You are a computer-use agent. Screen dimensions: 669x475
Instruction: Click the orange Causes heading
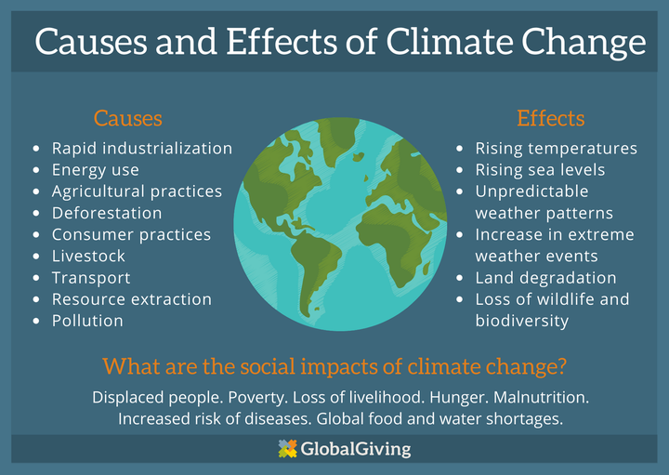click(128, 118)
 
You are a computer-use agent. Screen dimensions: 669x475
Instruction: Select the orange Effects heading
click(550, 118)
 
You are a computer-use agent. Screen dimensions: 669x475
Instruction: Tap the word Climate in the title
click(450, 42)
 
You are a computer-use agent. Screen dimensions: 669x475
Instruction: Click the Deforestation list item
click(107, 213)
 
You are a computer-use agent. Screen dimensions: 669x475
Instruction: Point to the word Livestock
click(88, 256)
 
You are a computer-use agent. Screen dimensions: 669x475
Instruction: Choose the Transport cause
click(91, 278)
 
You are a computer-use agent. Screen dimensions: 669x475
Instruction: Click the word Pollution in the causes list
click(87, 321)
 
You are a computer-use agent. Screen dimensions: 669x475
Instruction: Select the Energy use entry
click(95, 170)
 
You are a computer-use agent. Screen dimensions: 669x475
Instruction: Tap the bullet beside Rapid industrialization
click(36, 149)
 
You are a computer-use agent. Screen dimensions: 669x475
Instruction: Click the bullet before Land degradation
click(460, 278)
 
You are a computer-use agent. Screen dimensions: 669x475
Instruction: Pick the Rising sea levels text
click(540, 170)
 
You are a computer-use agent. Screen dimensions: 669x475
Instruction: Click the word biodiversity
click(522, 321)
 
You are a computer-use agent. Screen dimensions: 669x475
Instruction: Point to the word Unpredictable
click(531, 191)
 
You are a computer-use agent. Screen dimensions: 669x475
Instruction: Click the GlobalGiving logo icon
click(287, 449)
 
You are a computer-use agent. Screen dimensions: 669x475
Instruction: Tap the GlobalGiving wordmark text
click(355, 449)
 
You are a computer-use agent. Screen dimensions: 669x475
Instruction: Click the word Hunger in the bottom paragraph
click(459, 398)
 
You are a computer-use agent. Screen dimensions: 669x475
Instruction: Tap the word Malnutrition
click(541, 397)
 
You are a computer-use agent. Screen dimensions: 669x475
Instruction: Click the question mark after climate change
click(560, 366)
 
